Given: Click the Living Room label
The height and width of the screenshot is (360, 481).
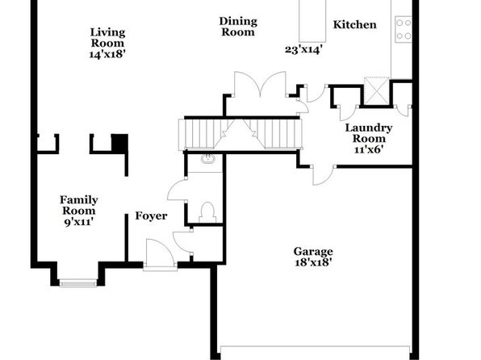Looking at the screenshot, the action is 107,37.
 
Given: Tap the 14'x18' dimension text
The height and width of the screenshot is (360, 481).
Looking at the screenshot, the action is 107,54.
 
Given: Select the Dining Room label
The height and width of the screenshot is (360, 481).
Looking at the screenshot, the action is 238,27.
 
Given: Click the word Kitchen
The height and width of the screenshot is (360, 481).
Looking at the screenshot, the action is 354,24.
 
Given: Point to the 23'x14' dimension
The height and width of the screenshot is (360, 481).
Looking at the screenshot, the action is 303,49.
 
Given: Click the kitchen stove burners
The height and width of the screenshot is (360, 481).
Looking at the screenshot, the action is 404,30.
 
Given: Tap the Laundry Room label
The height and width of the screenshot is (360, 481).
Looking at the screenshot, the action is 369,133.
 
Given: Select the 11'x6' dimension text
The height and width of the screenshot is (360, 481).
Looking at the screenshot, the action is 369,149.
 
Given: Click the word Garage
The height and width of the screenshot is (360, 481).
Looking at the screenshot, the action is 313,252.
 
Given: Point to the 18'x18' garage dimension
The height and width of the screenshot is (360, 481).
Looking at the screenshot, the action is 313,262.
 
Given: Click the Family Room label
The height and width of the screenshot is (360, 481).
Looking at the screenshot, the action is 79,205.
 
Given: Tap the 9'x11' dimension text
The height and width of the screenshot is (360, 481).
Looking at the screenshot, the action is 79,222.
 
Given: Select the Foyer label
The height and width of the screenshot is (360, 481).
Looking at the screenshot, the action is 151,216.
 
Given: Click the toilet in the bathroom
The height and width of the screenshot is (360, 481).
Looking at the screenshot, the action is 207,212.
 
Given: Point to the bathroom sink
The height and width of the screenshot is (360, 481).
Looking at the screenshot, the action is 208,159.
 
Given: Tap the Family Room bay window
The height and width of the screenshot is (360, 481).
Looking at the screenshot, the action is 78,283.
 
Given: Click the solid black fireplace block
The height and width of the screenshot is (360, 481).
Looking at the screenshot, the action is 119,143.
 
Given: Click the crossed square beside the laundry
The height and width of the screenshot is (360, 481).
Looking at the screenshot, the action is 376,91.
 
